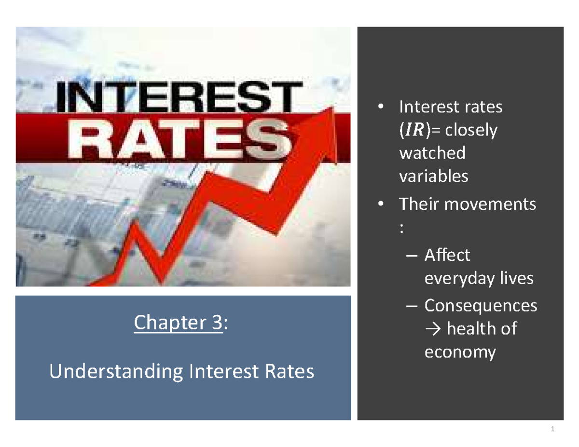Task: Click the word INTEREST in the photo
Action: (x=176, y=98)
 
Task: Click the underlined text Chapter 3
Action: (x=178, y=323)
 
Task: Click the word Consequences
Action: (x=480, y=305)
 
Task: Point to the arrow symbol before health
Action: (x=433, y=329)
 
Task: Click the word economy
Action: (x=459, y=352)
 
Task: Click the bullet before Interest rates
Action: (x=382, y=107)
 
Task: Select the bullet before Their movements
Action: (x=382, y=204)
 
